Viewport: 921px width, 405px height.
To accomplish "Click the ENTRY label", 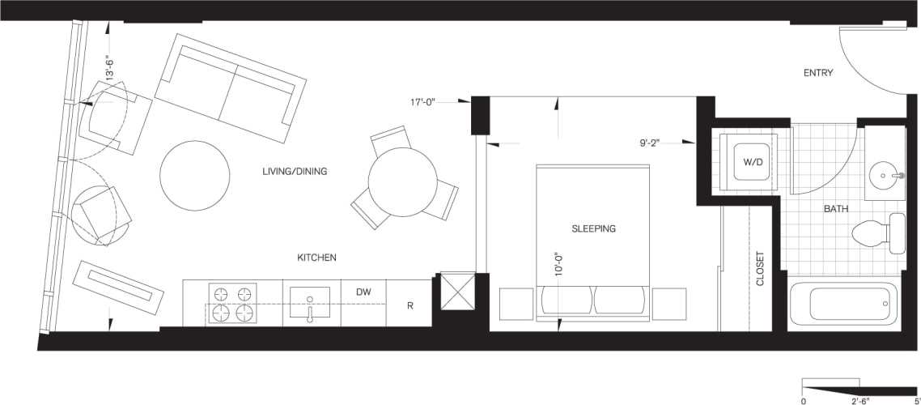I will pyautogui.click(x=817, y=73).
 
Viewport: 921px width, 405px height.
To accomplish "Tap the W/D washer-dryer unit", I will pyautogui.click(x=748, y=160).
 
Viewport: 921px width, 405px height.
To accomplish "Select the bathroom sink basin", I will pyautogui.click(x=884, y=174).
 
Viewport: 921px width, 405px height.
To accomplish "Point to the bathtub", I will pyautogui.click(x=842, y=303).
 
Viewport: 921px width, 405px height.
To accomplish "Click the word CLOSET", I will pyautogui.click(x=760, y=268).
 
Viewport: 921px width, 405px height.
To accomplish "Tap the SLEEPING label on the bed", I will pyautogui.click(x=593, y=228).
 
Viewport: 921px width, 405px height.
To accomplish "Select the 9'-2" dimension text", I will pyautogui.click(x=650, y=143).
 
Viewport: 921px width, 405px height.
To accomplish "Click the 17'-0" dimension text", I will pyautogui.click(x=423, y=102).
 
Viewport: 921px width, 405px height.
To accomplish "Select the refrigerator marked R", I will pyautogui.click(x=410, y=305).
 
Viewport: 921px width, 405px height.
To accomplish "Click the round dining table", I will pyautogui.click(x=402, y=181).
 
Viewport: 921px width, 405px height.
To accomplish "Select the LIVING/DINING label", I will pyautogui.click(x=294, y=172).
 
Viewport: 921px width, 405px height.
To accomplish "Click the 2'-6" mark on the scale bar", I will pyautogui.click(x=859, y=399).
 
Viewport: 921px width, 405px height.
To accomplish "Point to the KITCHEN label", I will pyautogui.click(x=316, y=258).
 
